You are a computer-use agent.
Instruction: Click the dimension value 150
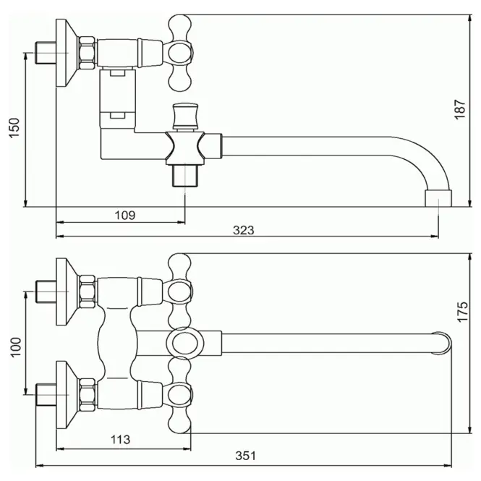click(14, 127)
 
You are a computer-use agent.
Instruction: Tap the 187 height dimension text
click(460, 109)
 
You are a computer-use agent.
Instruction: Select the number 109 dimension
click(125, 216)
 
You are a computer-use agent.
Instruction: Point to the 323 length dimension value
click(244, 230)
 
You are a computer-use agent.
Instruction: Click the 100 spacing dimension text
click(16, 346)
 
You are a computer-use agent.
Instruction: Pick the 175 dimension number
click(463, 312)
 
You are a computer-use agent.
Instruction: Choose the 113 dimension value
click(120, 440)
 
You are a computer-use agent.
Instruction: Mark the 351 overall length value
click(245, 456)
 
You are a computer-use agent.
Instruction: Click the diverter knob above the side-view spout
click(185, 116)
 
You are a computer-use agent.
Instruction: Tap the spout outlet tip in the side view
click(438, 198)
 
